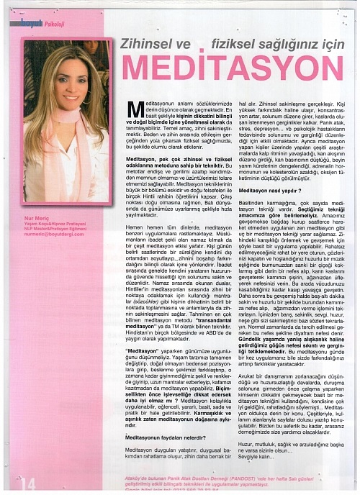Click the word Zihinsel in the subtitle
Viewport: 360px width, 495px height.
pyautogui.click(x=151, y=43)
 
